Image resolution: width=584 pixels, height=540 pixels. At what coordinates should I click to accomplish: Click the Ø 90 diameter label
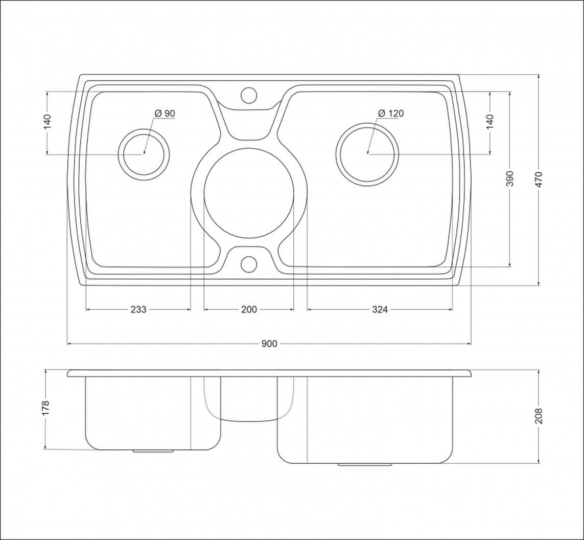click(164, 114)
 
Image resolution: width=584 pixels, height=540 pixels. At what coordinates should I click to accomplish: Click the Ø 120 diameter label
click(391, 114)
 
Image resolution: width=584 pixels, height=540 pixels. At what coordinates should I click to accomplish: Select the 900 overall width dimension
click(269, 344)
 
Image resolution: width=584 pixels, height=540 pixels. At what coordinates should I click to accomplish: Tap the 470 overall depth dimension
click(539, 179)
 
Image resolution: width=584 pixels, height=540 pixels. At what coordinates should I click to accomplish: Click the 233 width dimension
click(138, 309)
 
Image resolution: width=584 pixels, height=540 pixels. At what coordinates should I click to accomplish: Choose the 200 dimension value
click(249, 309)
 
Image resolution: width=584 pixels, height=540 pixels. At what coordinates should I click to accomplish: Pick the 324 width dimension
click(380, 309)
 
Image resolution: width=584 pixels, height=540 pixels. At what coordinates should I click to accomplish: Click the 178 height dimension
click(45, 409)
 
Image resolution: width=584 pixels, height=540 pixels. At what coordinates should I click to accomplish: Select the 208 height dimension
click(539, 416)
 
